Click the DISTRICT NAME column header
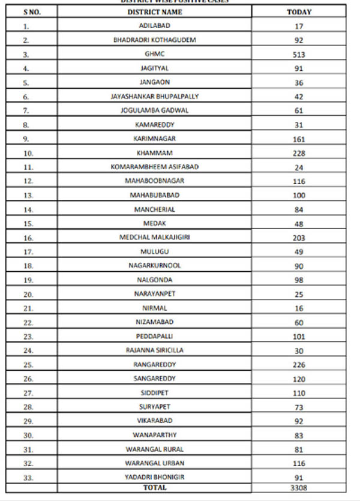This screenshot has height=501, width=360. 155,11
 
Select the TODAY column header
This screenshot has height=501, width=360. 299,11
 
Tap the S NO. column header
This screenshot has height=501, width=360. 32,11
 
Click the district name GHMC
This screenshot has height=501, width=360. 155,54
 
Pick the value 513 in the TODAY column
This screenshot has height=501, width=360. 299,55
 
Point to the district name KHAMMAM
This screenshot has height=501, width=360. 155,153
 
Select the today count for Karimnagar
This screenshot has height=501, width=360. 299,139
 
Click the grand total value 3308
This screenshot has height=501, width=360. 299,488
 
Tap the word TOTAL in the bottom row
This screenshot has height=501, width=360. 155,488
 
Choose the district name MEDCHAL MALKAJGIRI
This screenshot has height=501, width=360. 155,238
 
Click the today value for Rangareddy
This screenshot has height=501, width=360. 299,365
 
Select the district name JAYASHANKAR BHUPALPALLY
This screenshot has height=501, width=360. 155,96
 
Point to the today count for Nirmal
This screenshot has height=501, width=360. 299,308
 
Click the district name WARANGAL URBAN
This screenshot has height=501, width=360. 155,463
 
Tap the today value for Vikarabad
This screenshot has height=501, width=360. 299,421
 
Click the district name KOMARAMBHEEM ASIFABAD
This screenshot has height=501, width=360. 155,167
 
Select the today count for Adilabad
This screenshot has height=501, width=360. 299,26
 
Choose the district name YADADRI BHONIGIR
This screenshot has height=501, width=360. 155,477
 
